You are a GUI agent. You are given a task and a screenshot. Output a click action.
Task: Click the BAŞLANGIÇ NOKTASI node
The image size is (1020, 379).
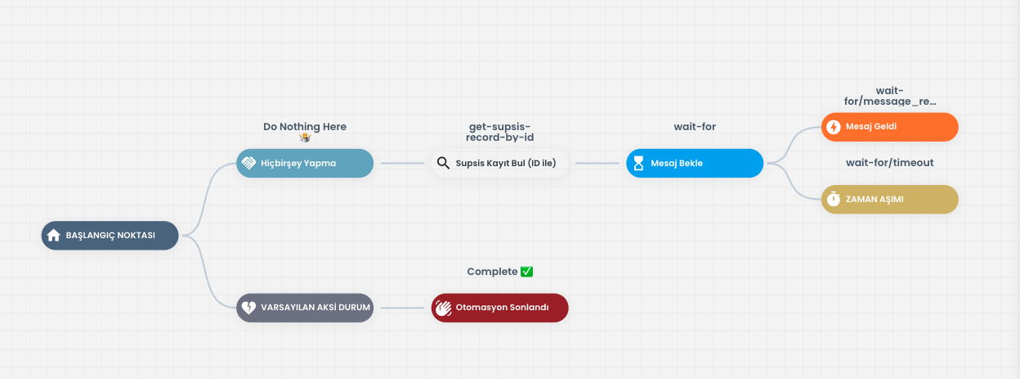[110, 235]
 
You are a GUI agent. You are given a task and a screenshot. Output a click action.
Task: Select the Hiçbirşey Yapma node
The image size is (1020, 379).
[305, 163]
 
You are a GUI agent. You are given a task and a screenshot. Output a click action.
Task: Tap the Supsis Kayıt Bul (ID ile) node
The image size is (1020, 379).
[499, 163]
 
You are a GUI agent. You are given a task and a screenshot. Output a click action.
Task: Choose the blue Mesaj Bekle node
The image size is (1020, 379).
[695, 163]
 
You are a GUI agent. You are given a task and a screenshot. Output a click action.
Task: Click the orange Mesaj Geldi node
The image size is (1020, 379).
[890, 127]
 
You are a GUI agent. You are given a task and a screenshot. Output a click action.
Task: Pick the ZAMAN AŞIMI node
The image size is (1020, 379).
[890, 199]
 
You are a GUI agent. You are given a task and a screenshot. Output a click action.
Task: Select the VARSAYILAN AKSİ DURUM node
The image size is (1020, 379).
[305, 308]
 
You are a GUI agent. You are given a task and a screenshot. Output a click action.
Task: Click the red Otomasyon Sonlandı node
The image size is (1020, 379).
[499, 308]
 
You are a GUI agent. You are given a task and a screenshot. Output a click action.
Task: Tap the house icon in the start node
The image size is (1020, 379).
[54, 235]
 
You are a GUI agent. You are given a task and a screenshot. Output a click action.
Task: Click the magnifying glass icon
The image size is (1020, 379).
[443, 163]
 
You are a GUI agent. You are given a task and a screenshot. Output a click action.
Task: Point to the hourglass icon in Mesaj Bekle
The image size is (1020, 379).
[638, 163]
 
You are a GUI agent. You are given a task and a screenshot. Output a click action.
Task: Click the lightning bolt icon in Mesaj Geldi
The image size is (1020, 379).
[834, 127]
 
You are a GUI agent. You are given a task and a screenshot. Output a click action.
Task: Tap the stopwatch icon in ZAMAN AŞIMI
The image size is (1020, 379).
[834, 199]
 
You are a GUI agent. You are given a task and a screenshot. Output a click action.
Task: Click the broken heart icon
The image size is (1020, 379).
[248, 308]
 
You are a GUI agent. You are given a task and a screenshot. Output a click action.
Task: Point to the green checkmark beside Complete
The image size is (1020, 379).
[527, 272]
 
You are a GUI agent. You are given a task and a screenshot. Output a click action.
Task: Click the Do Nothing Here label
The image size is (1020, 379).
[305, 127]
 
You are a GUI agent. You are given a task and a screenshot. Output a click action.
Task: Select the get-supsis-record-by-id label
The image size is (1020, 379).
[499, 132]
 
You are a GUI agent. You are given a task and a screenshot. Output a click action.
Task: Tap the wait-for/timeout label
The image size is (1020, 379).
[890, 163]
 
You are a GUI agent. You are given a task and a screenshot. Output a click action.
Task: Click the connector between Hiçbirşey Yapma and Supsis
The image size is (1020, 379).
[402, 163]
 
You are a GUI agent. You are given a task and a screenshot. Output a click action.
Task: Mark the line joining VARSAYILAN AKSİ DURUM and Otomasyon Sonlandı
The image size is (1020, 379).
[402, 308]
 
